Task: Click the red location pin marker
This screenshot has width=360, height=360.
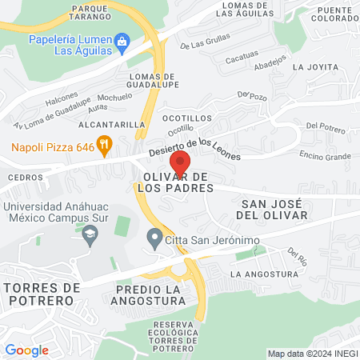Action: (179, 164)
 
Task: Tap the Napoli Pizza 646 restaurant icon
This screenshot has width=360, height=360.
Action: (103, 145)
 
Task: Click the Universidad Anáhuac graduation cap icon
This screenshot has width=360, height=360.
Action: (90, 233)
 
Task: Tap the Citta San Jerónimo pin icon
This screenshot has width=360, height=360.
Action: (154, 238)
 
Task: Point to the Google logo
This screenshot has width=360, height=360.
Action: (26, 350)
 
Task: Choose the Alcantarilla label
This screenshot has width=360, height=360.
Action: (111, 126)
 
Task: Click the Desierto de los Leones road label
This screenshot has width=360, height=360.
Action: (194, 148)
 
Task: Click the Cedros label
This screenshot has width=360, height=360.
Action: (24, 177)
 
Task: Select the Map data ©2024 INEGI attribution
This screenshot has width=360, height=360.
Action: (311, 354)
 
